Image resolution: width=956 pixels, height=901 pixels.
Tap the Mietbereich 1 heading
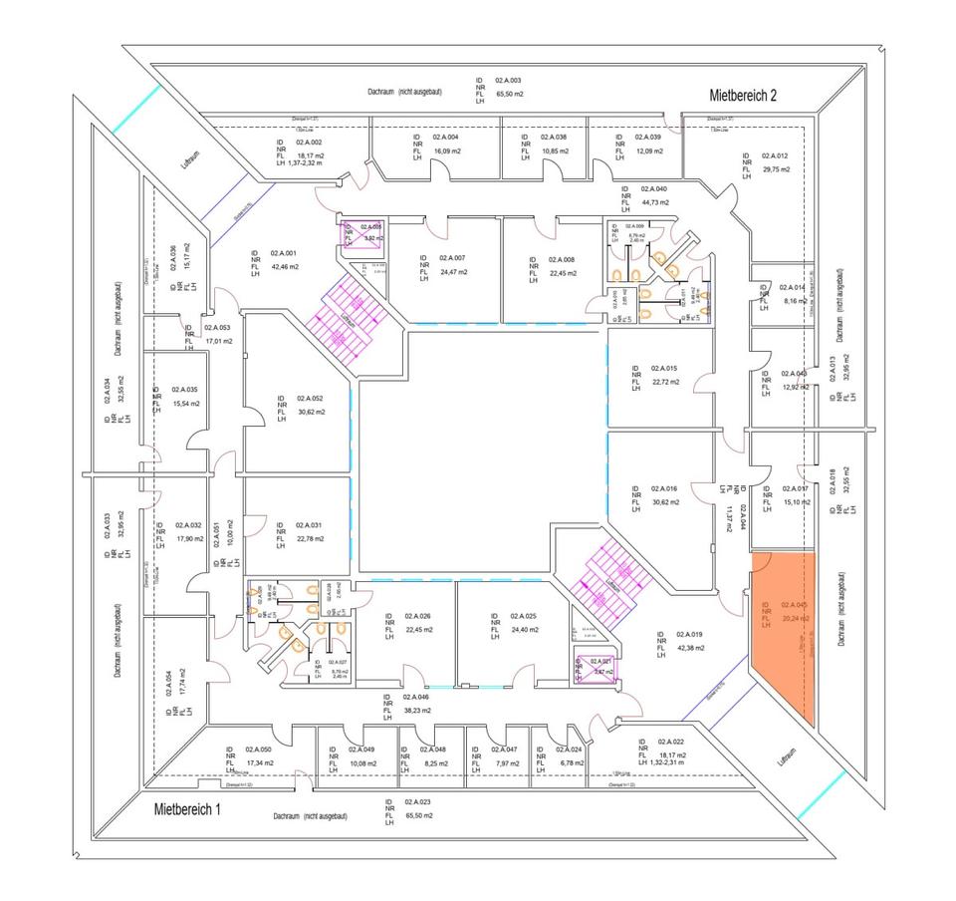click(x=187, y=809)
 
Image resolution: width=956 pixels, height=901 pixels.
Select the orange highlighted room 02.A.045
click(x=784, y=638)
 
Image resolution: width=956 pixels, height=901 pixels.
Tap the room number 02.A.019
click(x=690, y=634)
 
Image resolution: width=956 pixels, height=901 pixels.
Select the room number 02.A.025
click(x=524, y=616)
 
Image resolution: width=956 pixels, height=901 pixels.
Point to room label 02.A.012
click(x=775, y=155)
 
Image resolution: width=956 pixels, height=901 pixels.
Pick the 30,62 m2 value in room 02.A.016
click(x=665, y=502)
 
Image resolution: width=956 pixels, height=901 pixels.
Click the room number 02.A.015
click(x=664, y=368)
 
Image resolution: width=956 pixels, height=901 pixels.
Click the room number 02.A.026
click(x=446, y=616)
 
